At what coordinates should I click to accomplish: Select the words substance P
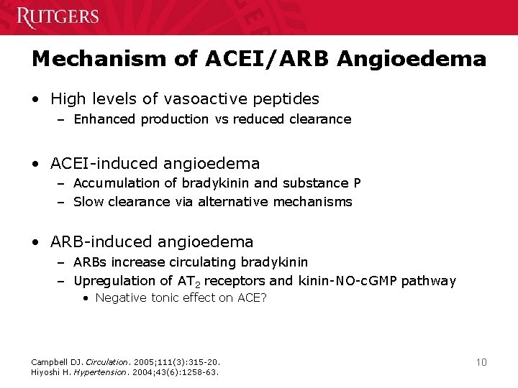331,183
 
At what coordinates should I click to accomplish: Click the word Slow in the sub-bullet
88,202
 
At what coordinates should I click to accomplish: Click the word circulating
214,262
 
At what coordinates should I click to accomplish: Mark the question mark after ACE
263,297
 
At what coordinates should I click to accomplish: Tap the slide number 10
481,362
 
